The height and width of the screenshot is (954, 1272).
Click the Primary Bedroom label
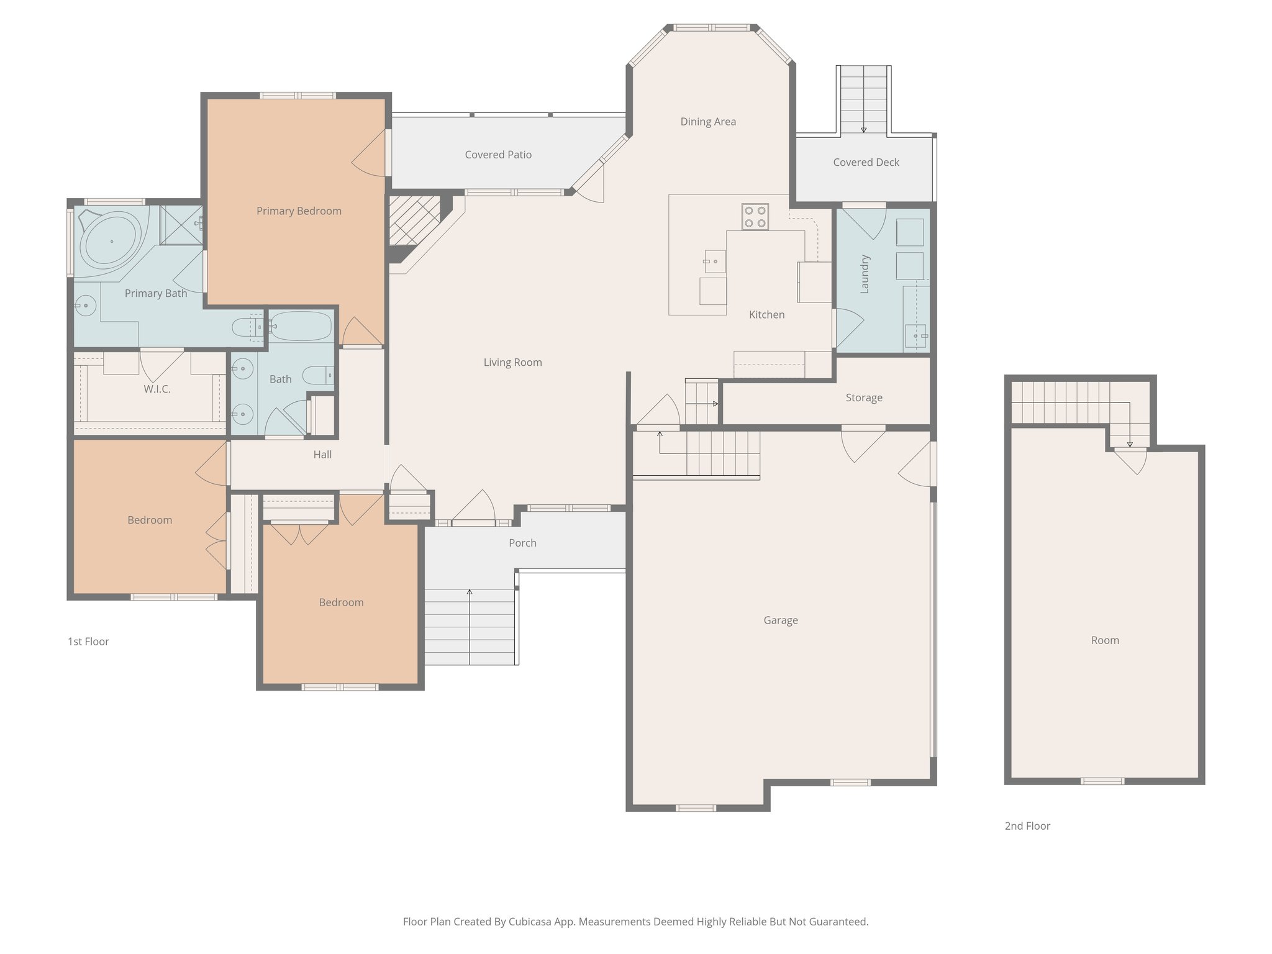[299, 211]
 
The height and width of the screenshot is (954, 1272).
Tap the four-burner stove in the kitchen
[755, 217]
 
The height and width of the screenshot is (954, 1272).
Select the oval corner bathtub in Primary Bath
[112, 241]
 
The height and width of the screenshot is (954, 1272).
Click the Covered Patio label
[498, 155]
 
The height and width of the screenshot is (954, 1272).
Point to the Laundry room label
[865, 274]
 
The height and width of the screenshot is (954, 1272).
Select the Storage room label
[863, 397]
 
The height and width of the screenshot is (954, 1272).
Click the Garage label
[780, 620]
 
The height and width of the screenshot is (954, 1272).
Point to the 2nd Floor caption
[1027, 825]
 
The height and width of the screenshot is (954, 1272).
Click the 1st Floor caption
[88, 642]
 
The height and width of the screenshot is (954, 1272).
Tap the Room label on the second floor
[1104, 640]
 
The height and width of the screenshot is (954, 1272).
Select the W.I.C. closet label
[157, 389]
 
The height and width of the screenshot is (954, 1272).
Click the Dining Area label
[708, 122]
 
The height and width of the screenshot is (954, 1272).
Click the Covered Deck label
[866, 162]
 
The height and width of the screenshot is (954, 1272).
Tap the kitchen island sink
[715, 261]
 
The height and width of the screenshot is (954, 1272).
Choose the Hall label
[322, 455]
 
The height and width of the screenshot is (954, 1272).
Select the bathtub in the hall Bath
[301, 326]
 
